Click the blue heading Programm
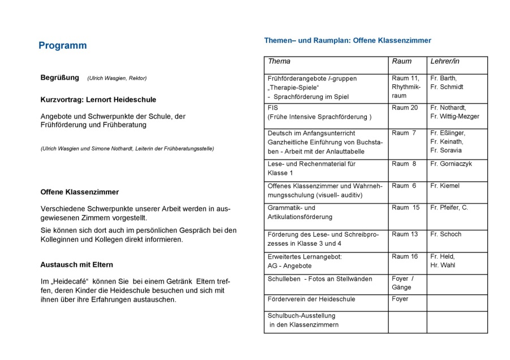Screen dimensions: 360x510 (x=62, y=46)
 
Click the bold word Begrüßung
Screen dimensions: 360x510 (x=59, y=78)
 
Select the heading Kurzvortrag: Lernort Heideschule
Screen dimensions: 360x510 (x=98, y=100)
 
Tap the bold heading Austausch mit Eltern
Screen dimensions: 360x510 (x=76, y=265)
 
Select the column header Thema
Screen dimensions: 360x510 (x=279, y=61)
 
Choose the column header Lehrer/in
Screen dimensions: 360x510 (x=445, y=61)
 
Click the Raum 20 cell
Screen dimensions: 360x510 (x=405, y=108)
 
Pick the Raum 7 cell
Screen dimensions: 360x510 (x=404, y=133)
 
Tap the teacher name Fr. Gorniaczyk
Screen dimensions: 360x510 (x=451, y=164)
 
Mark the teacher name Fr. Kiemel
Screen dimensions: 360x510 (x=445, y=186)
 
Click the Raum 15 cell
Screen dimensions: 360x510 (x=405, y=208)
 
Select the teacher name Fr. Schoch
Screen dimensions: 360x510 (x=445, y=234)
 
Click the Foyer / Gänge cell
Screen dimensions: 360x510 (x=403, y=283)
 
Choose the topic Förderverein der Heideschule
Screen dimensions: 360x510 (x=311, y=299)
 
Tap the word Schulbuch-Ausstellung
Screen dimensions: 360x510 (x=302, y=316)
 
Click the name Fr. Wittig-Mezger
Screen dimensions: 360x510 (x=455, y=117)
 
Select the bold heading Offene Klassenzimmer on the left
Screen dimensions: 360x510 (x=79, y=192)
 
